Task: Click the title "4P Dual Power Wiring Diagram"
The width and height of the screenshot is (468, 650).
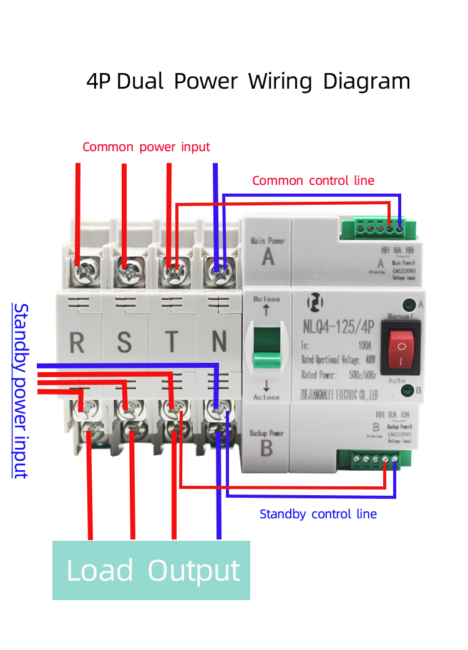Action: (x=248, y=82)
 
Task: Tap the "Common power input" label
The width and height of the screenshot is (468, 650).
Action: (x=146, y=147)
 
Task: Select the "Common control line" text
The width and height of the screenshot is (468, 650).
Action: (x=313, y=181)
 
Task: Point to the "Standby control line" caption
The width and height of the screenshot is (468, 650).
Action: (x=318, y=515)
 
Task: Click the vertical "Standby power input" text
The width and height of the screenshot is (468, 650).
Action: (x=21, y=391)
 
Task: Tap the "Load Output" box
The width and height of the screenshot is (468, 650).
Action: (x=152, y=571)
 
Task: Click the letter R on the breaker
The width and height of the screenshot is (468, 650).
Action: (x=77, y=343)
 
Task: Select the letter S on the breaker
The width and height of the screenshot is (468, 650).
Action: (x=125, y=343)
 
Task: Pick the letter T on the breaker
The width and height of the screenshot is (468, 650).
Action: (x=172, y=343)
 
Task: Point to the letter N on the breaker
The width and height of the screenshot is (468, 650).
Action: (x=218, y=343)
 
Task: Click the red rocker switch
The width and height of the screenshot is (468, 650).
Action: (x=402, y=348)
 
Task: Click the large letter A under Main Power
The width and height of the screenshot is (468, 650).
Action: (x=268, y=257)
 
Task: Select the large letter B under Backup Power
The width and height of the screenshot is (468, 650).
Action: (x=266, y=448)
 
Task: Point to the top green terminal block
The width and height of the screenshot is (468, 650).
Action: (x=380, y=229)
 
